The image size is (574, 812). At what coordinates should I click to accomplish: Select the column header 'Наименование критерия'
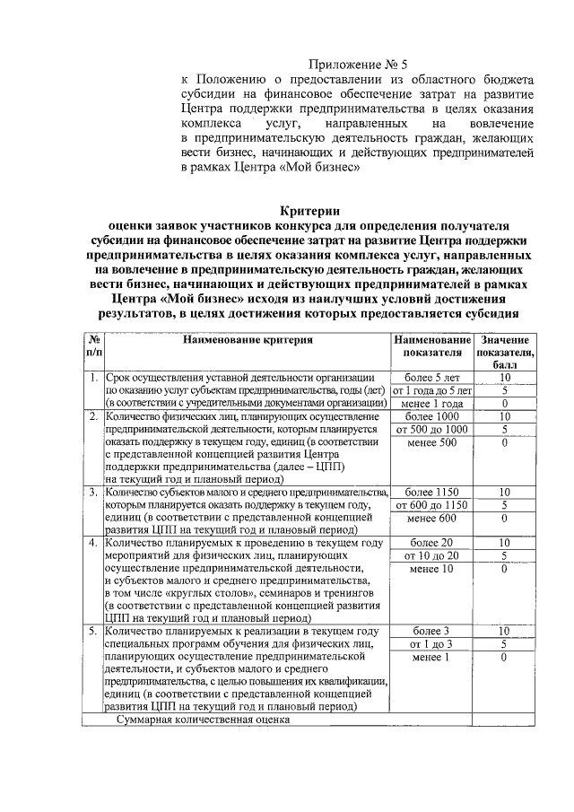(x=248, y=340)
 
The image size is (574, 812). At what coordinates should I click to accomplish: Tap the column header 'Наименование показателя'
(x=431, y=346)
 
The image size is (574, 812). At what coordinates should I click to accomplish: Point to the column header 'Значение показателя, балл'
(x=505, y=353)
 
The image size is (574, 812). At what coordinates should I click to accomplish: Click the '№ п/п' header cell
(x=92, y=346)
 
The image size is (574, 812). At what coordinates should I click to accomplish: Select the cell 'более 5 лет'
(x=431, y=378)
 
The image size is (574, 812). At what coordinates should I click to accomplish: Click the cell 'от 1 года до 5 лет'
(x=431, y=391)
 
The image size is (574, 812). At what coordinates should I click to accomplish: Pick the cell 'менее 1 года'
(x=431, y=405)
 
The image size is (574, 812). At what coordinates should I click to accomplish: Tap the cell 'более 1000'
(x=431, y=417)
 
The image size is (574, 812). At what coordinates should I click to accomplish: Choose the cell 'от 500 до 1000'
(x=431, y=430)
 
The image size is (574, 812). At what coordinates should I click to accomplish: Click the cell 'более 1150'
(x=431, y=493)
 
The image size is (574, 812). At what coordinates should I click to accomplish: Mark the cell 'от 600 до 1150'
(x=431, y=505)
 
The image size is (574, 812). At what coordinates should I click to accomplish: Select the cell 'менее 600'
(x=431, y=518)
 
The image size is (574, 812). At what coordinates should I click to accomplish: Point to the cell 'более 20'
(x=431, y=544)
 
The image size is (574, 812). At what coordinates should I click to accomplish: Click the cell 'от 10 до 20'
(x=431, y=556)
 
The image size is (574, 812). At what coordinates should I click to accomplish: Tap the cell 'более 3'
(x=431, y=632)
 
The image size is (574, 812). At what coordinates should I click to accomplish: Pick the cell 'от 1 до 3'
(x=431, y=644)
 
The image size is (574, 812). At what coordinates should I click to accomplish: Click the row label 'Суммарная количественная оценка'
(x=202, y=719)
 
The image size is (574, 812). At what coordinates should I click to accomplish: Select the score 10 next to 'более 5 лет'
(x=505, y=378)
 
